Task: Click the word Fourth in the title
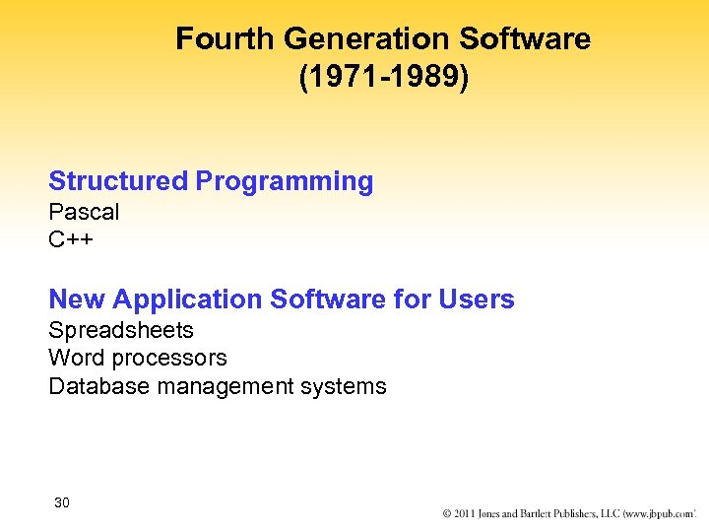tap(225, 38)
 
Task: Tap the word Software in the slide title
tap(527, 38)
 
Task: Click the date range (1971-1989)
tap(384, 77)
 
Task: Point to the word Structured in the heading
tap(117, 181)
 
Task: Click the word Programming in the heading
tap(285, 181)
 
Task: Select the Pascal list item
tap(84, 212)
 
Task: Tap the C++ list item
tap(71, 239)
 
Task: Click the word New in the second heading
tap(77, 299)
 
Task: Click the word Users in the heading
tap(477, 299)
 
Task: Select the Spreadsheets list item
tap(121, 330)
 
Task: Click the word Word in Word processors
tap(76, 358)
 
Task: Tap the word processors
tap(168, 359)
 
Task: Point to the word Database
tap(97, 386)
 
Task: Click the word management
tap(233, 386)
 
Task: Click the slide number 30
tap(62, 503)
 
